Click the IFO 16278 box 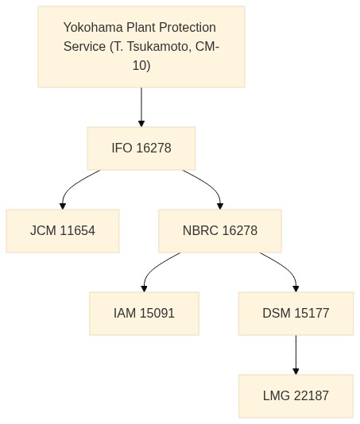tap(141, 148)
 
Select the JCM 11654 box tap(63, 231)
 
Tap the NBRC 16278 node tap(220, 231)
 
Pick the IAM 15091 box tap(144, 314)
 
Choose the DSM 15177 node tap(296, 314)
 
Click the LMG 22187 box tap(296, 396)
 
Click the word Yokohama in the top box tap(93, 27)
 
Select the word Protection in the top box tap(188, 27)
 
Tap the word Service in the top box tap(84, 46)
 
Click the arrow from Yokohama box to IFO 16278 tap(141, 107)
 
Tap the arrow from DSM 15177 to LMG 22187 tap(296, 355)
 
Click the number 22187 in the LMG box tap(312, 396)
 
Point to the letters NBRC tap(200, 231)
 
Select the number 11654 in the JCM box tap(78, 231)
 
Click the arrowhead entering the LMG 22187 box tap(296, 372)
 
